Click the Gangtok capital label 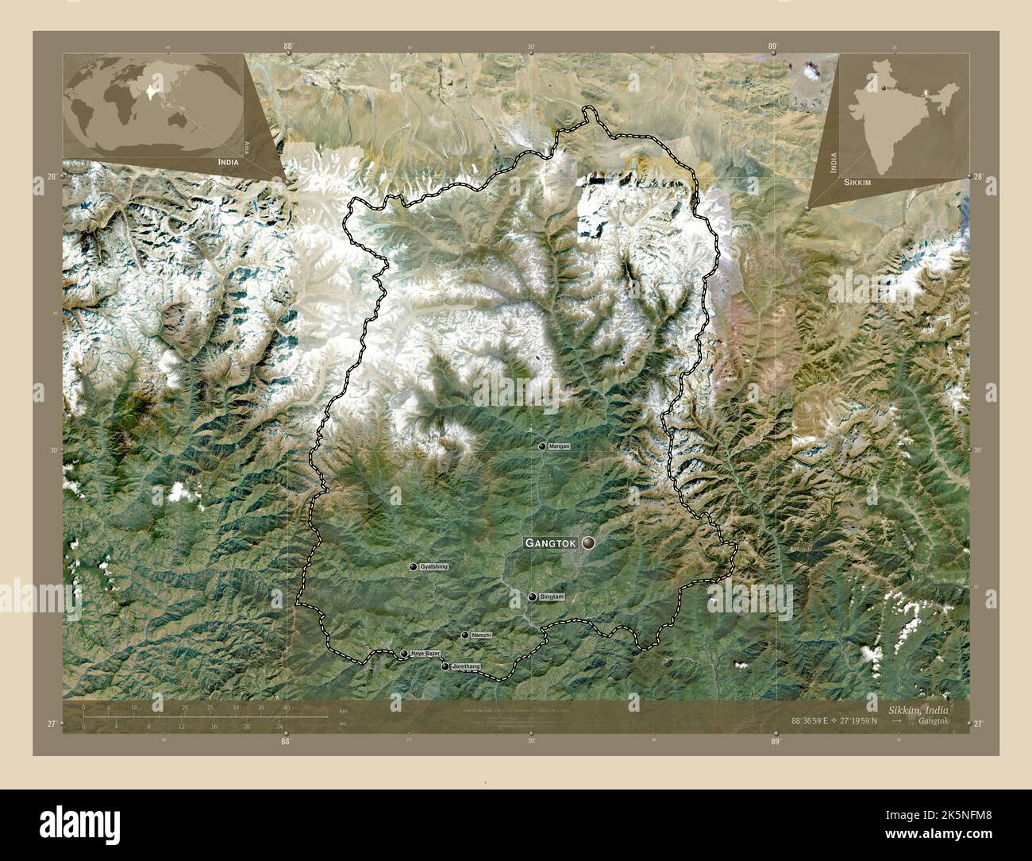pos(552,543)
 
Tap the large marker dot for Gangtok pos(588,543)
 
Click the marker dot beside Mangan pos(543,447)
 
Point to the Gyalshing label pos(434,566)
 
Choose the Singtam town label pos(551,597)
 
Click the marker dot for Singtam pos(533,597)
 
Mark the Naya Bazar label pos(425,653)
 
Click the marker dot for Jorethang pos(445,667)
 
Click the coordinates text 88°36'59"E pos(807,721)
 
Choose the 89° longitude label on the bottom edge pos(776,741)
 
